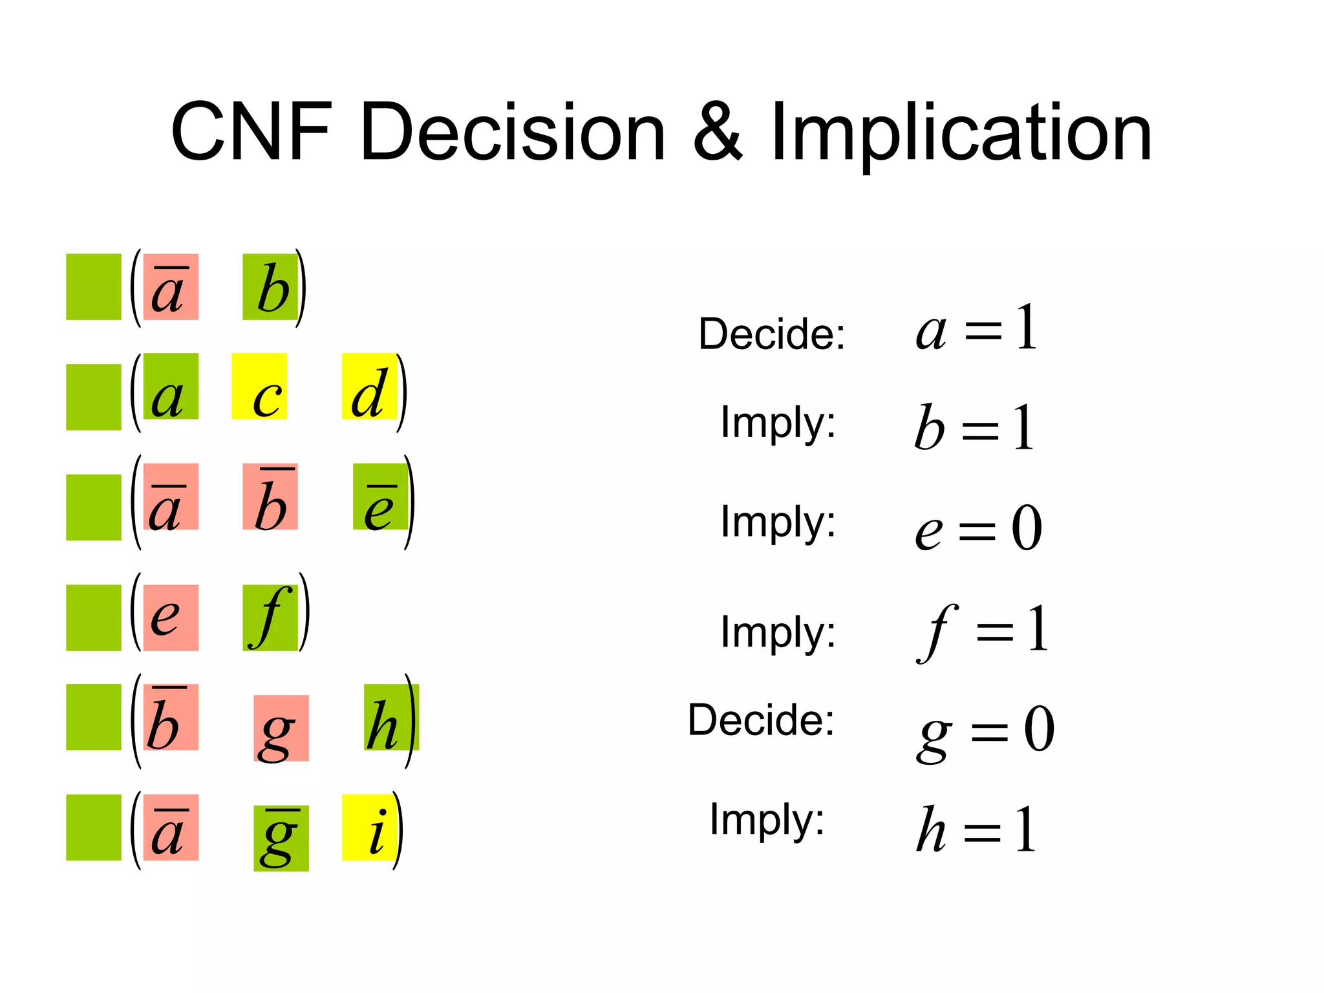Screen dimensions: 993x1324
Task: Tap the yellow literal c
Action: pyautogui.click(x=259, y=387)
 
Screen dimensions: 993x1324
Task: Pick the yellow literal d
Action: pyautogui.click(x=369, y=387)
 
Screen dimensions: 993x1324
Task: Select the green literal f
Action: pyautogui.click(x=270, y=617)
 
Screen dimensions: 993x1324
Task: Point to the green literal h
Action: pyautogui.click(x=391, y=718)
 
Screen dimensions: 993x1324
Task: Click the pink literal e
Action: pyautogui.click(x=171, y=617)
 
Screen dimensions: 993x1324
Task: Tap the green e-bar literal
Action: pyautogui.click(x=381, y=497)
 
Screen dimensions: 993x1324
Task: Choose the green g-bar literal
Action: pyautogui.click(x=281, y=838)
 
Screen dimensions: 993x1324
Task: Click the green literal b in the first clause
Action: pyautogui.click(x=270, y=287)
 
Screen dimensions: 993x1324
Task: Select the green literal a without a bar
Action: pyautogui.click(x=171, y=387)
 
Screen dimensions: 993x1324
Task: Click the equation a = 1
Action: pyautogui.click(x=976, y=329)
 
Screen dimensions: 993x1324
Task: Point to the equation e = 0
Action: pyautogui.click(x=978, y=528)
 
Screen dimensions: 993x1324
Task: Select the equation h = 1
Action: pyautogui.click(x=976, y=830)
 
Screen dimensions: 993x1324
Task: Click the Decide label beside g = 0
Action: pyautogui.click(x=761, y=720)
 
